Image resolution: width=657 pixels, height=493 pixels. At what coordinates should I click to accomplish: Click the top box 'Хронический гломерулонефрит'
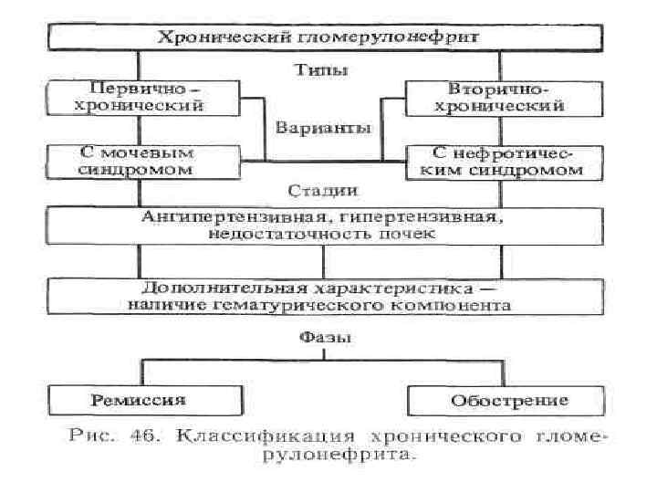[324, 37]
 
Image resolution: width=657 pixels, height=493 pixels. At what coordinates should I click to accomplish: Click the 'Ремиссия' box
[139, 400]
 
